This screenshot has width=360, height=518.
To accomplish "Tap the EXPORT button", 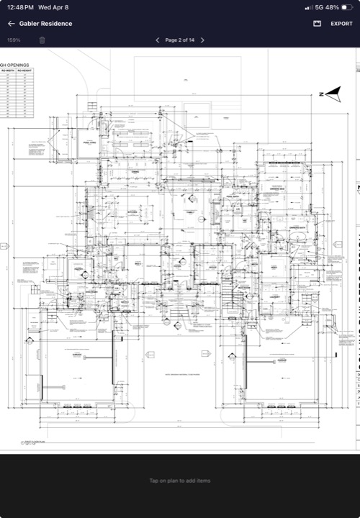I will point(341,24).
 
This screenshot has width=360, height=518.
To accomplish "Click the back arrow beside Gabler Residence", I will point(11,24).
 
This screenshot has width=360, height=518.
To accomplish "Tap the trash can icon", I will point(42,40).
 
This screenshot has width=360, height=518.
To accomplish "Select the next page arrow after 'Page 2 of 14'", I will point(202,40).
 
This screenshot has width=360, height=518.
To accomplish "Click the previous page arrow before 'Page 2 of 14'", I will point(158,40).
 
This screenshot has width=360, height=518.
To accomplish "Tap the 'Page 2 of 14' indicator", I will point(180,40).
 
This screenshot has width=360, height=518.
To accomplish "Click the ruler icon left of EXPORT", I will point(317,24).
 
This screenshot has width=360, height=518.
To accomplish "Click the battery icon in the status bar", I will point(347,7).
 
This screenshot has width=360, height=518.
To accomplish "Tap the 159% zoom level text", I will point(14,40).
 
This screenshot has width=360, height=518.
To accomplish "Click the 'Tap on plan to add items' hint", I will point(180,481).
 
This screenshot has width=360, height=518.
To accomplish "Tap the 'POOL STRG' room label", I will point(89,144).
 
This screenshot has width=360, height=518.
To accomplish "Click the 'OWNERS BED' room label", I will point(278,189).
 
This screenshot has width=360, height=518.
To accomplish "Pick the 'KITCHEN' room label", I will point(132,213).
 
